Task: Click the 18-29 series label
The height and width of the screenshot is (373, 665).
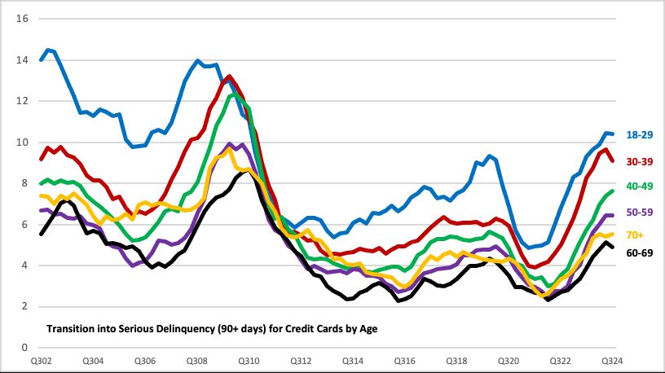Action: [638, 134]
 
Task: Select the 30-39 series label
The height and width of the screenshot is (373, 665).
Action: [638, 160]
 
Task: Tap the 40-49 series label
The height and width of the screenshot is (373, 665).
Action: [638, 186]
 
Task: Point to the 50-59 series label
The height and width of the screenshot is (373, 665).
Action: [638, 211]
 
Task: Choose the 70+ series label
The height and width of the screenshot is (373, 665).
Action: [636, 235]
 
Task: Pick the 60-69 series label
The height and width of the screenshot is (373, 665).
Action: [638, 252]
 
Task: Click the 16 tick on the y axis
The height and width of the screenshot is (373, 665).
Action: [22, 19]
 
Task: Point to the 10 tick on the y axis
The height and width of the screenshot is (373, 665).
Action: [22, 143]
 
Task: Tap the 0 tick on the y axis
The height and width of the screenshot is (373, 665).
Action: [24, 348]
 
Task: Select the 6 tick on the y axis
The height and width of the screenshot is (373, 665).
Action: [24, 225]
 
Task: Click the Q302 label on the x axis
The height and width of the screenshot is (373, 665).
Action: [41, 361]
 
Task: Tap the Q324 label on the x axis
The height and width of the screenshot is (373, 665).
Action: [612, 361]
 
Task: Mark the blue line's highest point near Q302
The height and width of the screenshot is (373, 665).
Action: [49, 50]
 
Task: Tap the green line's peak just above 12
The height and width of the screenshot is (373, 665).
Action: [235, 94]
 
